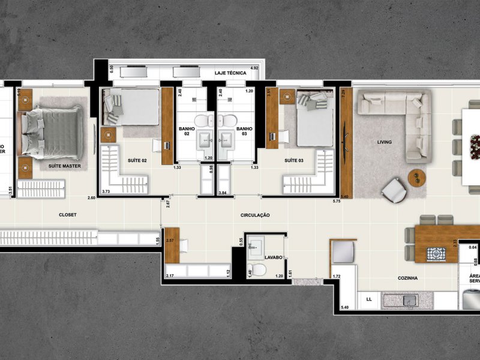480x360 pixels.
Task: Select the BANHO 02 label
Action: [x=187, y=132]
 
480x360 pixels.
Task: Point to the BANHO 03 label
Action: [x=244, y=132]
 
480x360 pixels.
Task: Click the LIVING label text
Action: [x=384, y=142]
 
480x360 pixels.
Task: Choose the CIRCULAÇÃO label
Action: [x=255, y=215]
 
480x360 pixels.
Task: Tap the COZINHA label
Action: [x=407, y=278]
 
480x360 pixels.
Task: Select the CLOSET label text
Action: [x=67, y=215]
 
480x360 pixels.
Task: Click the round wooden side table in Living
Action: [x=416, y=177]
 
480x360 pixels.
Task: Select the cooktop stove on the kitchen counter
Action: [x=435, y=254]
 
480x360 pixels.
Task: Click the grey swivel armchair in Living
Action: [x=394, y=191]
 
